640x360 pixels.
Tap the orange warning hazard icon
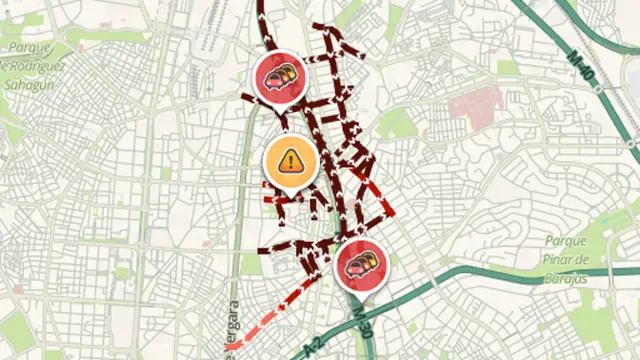[x=290, y=159]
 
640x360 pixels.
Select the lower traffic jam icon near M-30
[x=360, y=265]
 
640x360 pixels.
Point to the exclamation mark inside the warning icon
[x=290, y=159]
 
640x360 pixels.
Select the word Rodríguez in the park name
[x=43, y=66]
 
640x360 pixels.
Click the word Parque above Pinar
[x=566, y=240]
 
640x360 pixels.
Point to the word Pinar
[x=560, y=258]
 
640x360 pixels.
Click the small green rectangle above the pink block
[x=509, y=67]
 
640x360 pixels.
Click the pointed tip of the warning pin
[x=290, y=192]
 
